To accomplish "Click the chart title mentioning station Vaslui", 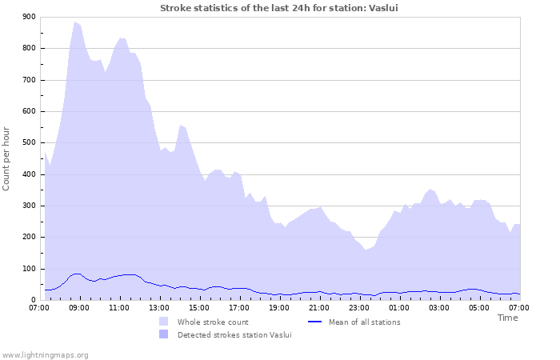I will (279, 8).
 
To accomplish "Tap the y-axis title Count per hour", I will (7, 158).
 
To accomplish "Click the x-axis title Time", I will (507, 318).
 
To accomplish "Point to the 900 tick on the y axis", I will (29, 17).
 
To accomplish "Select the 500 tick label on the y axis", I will (29, 143).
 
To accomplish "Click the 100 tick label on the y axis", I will (29, 269).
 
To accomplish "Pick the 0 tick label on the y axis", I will (33, 301).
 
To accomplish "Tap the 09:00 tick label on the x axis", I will (79, 307).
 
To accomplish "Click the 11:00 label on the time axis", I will (119, 307).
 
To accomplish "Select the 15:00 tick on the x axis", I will (199, 307).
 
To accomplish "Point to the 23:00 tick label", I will (359, 307).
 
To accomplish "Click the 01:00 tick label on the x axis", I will (399, 307).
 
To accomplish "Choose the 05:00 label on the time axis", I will (479, 307).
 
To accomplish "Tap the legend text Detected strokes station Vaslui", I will (234, 334).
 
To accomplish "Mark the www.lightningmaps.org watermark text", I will (45, 354).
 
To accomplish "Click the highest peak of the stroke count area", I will (75, 22).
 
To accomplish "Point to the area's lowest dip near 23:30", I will (366, 250).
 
